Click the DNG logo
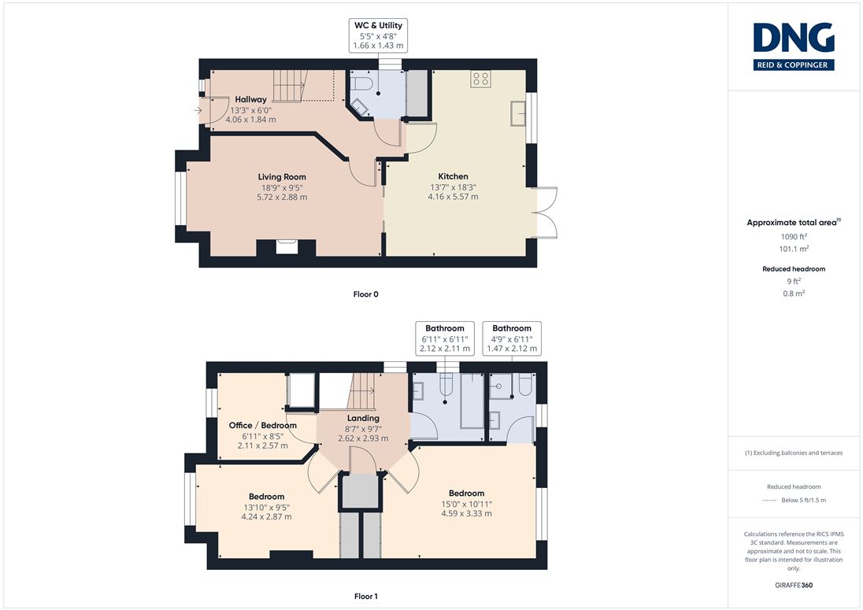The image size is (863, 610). [x=794, y=46]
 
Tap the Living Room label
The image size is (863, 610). [x=282, y=176]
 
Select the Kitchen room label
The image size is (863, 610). [x=453, y=176]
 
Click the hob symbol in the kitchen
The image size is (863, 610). [x=480, y=79]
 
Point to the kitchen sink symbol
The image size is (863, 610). [x=518, y=113]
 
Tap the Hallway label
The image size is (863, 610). [x=250, y=99]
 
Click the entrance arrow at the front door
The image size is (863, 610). [x=198, y=110]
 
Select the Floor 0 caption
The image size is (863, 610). [x=365, y=294]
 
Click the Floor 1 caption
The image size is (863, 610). [x=366, y=597]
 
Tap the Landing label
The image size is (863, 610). [x=363, y=418]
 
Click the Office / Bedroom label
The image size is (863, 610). [x=262, y=425]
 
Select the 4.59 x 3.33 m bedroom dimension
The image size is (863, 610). [x=466, y=514]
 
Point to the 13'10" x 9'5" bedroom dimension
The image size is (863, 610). [x=266, y=507]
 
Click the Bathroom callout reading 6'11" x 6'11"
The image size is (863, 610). [x=445, y=338]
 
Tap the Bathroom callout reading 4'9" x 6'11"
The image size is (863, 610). [x=512, y=338]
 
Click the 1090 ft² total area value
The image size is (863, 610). [x=794, y=236]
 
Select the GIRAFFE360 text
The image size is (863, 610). [x=794, y=586]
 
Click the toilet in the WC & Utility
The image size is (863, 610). [x=363, y=83]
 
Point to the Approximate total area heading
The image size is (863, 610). [x=794, y=222]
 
